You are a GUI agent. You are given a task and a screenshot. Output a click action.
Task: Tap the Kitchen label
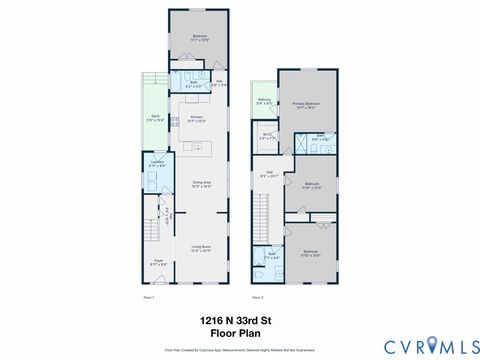pos(197,119)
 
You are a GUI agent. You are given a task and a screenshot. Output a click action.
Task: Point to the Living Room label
pos(201,248)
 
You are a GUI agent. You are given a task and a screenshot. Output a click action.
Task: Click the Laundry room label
pos(158,163)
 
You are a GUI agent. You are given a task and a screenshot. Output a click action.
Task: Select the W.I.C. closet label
pos(267,136)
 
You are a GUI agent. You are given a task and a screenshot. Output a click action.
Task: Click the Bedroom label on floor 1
pos(199,38)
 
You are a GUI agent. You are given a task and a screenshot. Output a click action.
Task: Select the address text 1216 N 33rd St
pos(239,320)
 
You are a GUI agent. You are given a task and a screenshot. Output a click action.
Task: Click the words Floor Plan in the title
pos(239,332)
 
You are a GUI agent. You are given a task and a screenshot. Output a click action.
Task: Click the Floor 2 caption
pos(257,297)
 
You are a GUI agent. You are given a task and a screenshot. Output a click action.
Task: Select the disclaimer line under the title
pos(239,351)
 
